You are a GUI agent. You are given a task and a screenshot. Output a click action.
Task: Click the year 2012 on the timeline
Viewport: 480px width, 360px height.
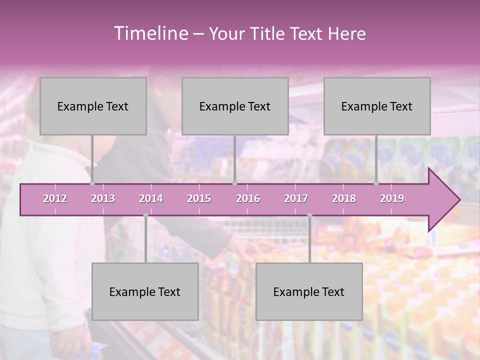(x=55, y=198)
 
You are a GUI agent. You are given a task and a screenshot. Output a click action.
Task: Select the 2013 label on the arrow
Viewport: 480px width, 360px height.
(x=103, y=198)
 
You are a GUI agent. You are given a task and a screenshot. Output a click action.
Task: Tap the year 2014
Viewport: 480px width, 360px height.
(x=151, y=198)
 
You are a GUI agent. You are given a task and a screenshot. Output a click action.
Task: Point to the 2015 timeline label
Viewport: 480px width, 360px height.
(x=199, y=198)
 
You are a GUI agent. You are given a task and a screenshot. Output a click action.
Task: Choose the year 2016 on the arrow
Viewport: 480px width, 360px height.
(x=248, y=198)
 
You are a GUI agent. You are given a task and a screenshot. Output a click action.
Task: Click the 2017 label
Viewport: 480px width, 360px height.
(x=296, y=198)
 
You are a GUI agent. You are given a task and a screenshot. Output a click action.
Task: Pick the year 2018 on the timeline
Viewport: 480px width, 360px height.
(x=344, y=198)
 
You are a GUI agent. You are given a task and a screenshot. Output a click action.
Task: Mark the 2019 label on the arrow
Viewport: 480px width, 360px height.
(x=392, y=198)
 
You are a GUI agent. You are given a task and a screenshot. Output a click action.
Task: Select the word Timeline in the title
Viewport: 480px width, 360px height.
(x=150, y=33)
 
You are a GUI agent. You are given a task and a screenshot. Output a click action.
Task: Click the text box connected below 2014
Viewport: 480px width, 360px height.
(x=145, y=291)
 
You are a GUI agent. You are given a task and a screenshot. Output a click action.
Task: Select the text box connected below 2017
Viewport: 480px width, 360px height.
(x=309, y=291)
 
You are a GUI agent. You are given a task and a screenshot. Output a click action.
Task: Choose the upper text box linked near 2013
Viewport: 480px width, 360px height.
(x=93, y=106)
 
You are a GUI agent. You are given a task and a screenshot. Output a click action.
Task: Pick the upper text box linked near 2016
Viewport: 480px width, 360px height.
(x=235, y=106)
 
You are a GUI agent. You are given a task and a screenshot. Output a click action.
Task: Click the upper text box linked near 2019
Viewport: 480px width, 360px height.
(x=377, y=106)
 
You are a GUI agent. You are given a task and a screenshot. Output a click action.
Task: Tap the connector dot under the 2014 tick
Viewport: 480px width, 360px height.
(x=145, y=215)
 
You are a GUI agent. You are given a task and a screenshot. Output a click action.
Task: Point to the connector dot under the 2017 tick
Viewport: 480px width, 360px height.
(x=309, y=215)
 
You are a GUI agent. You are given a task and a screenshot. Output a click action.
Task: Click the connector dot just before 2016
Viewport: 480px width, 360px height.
(x=234, y=183)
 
